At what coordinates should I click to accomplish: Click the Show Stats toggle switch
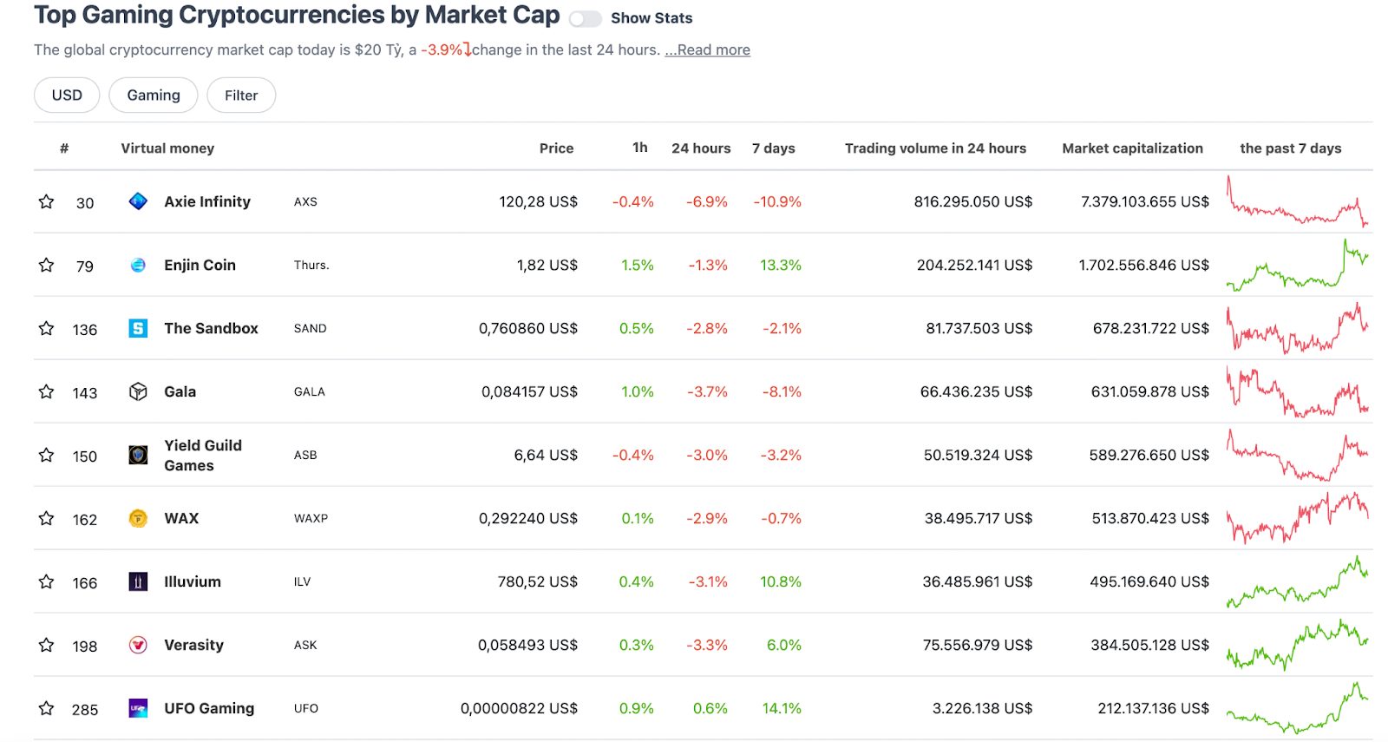[585, 19]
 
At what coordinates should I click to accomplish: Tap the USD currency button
[67, 95]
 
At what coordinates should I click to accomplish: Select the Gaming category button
[154, 95]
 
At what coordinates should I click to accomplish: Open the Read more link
[708, 50]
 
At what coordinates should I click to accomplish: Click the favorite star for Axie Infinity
[47, 202]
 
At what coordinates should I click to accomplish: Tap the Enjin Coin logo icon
[138, 266]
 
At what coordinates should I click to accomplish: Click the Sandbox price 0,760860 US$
[527, 329]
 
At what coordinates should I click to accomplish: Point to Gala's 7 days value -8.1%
[782, 392]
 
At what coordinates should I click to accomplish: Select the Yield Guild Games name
[203, 456]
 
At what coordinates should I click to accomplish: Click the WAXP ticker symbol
[311, 519]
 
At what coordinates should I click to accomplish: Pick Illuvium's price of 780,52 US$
[537, 582]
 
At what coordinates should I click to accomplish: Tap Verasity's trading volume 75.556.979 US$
[978, 646]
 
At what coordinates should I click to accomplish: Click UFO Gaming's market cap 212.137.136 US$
[1153, 709]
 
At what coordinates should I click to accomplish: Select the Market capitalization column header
[1132, 148]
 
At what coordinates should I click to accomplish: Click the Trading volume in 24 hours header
[935, 148]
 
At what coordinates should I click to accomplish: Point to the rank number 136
[85, 330]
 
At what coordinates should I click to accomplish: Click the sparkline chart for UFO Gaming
[1297, 709]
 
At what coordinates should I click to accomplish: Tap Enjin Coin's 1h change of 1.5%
[638, 266]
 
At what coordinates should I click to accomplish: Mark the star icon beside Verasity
[47, 646]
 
